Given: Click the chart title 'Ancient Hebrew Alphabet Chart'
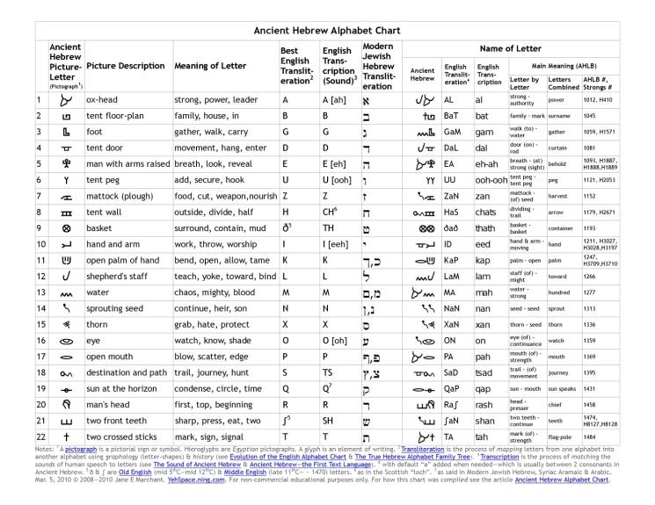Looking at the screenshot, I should coord(327,30).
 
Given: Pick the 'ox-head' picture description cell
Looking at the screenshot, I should coord(103,100).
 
